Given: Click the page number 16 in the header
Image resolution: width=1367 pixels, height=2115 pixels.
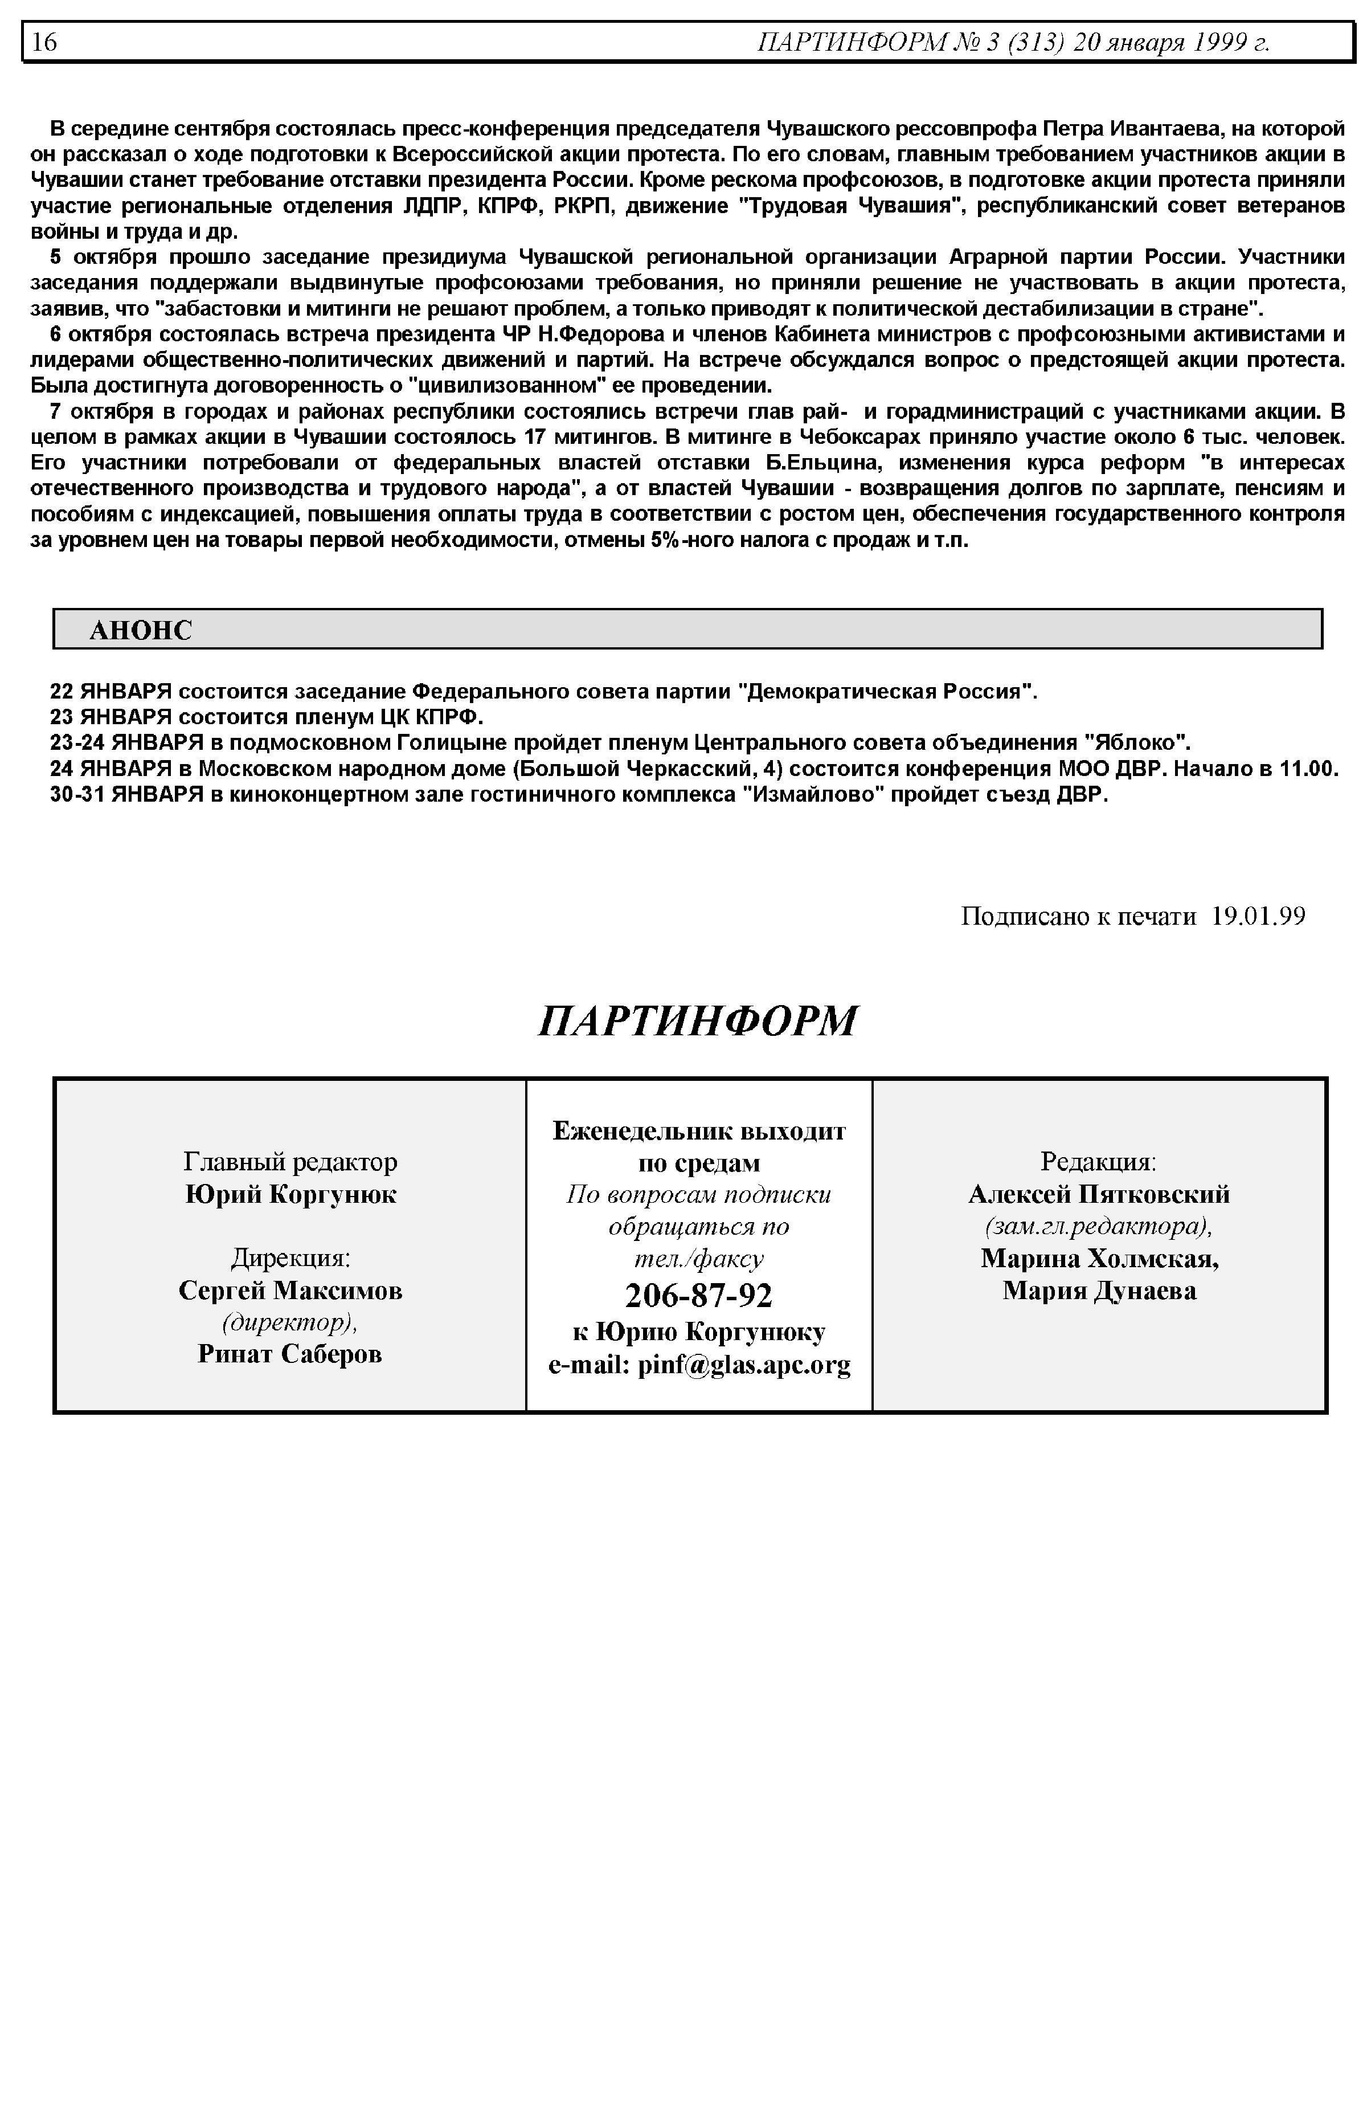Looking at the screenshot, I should (44, 42).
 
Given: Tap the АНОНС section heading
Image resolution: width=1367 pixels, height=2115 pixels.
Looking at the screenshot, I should (140, 630).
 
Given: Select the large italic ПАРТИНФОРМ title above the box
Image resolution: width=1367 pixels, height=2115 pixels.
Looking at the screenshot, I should (698, 1021).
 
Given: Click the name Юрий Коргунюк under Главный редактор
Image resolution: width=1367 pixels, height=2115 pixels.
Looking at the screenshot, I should (290, 1194).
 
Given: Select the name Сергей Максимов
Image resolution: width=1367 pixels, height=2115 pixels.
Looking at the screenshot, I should (290, 1290).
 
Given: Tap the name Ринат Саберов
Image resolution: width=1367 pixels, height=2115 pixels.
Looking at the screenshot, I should (290, 1353).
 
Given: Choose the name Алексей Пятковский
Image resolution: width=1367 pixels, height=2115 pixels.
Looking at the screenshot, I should (1099, 1194).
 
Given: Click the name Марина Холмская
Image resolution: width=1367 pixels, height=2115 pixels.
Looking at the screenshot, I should (1099, 1259).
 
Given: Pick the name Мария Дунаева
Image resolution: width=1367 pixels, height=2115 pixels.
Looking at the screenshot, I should (1099, 1290).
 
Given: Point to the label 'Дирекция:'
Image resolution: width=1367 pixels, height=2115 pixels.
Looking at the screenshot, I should (290, 1258).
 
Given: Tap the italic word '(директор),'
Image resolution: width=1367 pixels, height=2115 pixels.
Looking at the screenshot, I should (290, 1322).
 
